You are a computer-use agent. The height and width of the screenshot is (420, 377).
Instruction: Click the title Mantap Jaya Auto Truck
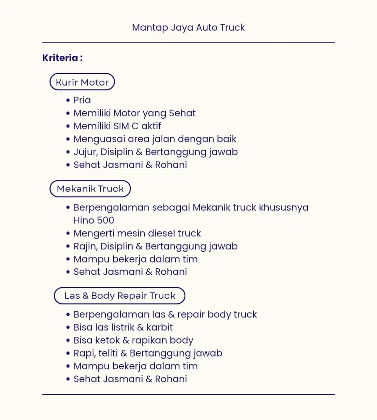pos(188,28)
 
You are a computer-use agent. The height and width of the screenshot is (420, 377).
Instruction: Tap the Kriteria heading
pos(62,58)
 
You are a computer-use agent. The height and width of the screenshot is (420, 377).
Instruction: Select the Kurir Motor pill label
pos(82,82)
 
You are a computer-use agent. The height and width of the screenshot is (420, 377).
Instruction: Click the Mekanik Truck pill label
pos(90,189)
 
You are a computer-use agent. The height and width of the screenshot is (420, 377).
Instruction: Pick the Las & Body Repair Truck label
pos(120,296)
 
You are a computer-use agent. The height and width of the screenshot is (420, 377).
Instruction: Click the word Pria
pos(82,100)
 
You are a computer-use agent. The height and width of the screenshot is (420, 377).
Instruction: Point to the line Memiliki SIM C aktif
pos(117,126)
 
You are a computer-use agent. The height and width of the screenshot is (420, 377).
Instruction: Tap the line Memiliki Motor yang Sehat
pos(134,113)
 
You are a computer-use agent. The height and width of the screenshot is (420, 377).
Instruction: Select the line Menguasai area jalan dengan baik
pos(155,139)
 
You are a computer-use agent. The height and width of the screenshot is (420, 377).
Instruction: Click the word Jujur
pos(85,152)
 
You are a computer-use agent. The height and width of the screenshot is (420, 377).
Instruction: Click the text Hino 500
pos(94,220)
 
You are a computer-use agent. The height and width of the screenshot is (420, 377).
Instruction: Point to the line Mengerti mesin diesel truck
pos(137,234)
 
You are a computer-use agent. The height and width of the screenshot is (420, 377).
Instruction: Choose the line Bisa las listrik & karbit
pos(123,328)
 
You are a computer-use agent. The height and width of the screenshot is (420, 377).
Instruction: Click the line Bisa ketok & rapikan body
pos(133,341)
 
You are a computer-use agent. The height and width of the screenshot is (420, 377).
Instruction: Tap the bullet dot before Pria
pos(68,100)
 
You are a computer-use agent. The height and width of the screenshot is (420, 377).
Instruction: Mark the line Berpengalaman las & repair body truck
pos(165,315)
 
